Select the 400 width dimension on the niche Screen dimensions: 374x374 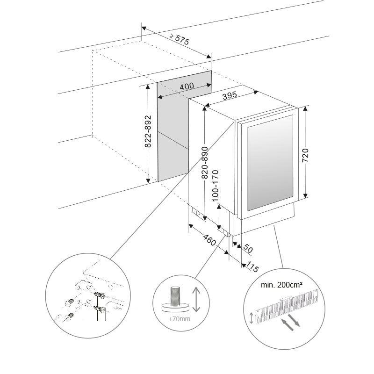point(187,86)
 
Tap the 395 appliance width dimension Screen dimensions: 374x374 point(230,96)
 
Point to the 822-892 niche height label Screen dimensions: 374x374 point(148,132)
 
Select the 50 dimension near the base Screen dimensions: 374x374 point(247,249)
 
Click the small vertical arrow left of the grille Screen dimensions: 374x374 point(253,318)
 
